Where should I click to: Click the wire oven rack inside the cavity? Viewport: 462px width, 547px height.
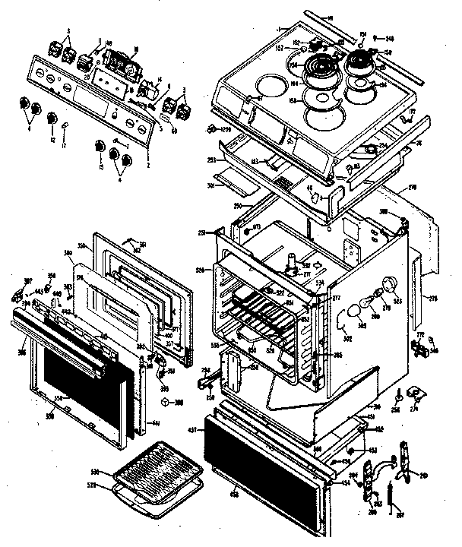266,312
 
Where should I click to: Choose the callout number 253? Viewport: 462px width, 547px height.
212,160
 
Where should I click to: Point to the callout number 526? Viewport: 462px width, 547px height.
200,270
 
